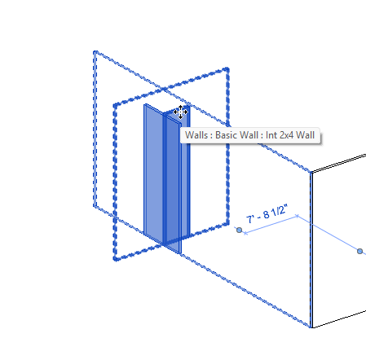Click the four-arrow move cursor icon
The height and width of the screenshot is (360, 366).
point(180,112)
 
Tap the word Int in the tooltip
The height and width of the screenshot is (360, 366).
point(271,135)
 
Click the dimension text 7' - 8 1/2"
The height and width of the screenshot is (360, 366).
point(267,213)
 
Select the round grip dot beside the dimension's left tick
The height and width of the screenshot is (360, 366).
point(239,230)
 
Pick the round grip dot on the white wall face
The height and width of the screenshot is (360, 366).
point(359,252)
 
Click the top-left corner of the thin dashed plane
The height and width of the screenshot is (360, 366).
point(95,51)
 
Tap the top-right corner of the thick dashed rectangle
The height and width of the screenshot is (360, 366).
point(227,68)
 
